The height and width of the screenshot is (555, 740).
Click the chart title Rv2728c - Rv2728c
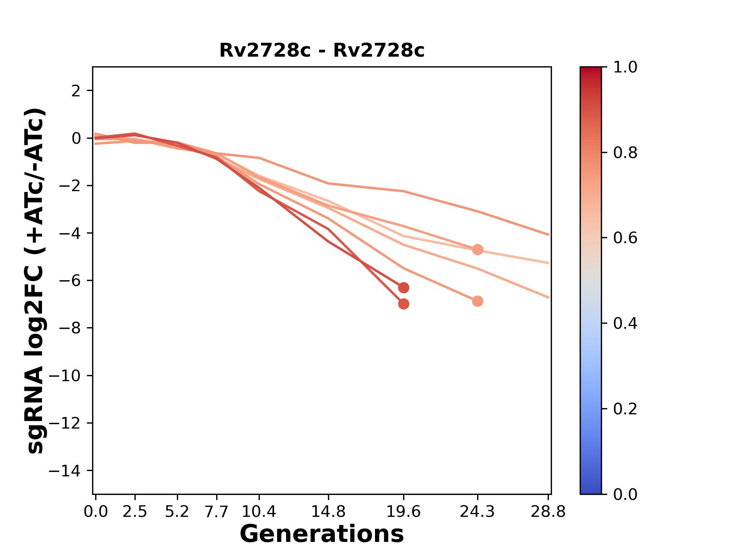322,50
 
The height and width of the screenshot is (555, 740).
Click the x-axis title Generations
322,534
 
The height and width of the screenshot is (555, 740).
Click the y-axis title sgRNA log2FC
36,280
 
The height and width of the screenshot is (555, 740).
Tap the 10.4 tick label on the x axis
259,512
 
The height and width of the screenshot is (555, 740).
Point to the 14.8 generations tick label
328,512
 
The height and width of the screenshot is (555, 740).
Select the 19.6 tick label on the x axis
404,512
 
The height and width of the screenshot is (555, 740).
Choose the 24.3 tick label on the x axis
478,512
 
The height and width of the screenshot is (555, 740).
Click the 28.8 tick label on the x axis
548,512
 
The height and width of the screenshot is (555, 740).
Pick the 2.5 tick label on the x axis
135,512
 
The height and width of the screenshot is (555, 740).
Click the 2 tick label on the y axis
77,91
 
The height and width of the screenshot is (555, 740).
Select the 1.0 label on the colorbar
625,67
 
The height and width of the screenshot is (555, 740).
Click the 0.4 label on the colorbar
625,323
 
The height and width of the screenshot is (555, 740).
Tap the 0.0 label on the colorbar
625,494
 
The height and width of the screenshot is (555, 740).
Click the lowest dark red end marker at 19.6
404,304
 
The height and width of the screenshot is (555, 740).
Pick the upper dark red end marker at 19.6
404,288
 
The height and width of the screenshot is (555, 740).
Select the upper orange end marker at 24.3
478,249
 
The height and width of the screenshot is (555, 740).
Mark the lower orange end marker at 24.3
478,301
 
